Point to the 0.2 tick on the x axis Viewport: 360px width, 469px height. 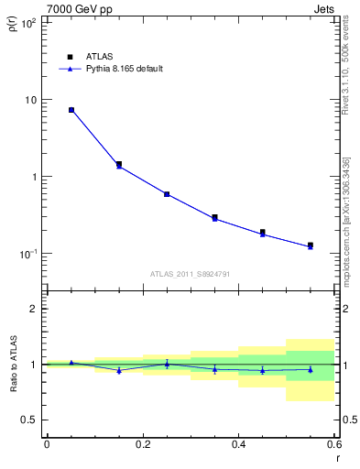pos(142,443)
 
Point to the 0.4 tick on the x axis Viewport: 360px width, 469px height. pos(238,443)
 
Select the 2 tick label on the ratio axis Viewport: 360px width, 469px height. pos(34,309)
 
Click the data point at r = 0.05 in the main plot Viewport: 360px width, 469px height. pos(71,110)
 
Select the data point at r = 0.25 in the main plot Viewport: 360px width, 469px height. pos(167,194)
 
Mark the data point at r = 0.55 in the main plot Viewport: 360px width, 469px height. pos(311,245)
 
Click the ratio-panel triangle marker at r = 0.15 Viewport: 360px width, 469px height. pos(119,370)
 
